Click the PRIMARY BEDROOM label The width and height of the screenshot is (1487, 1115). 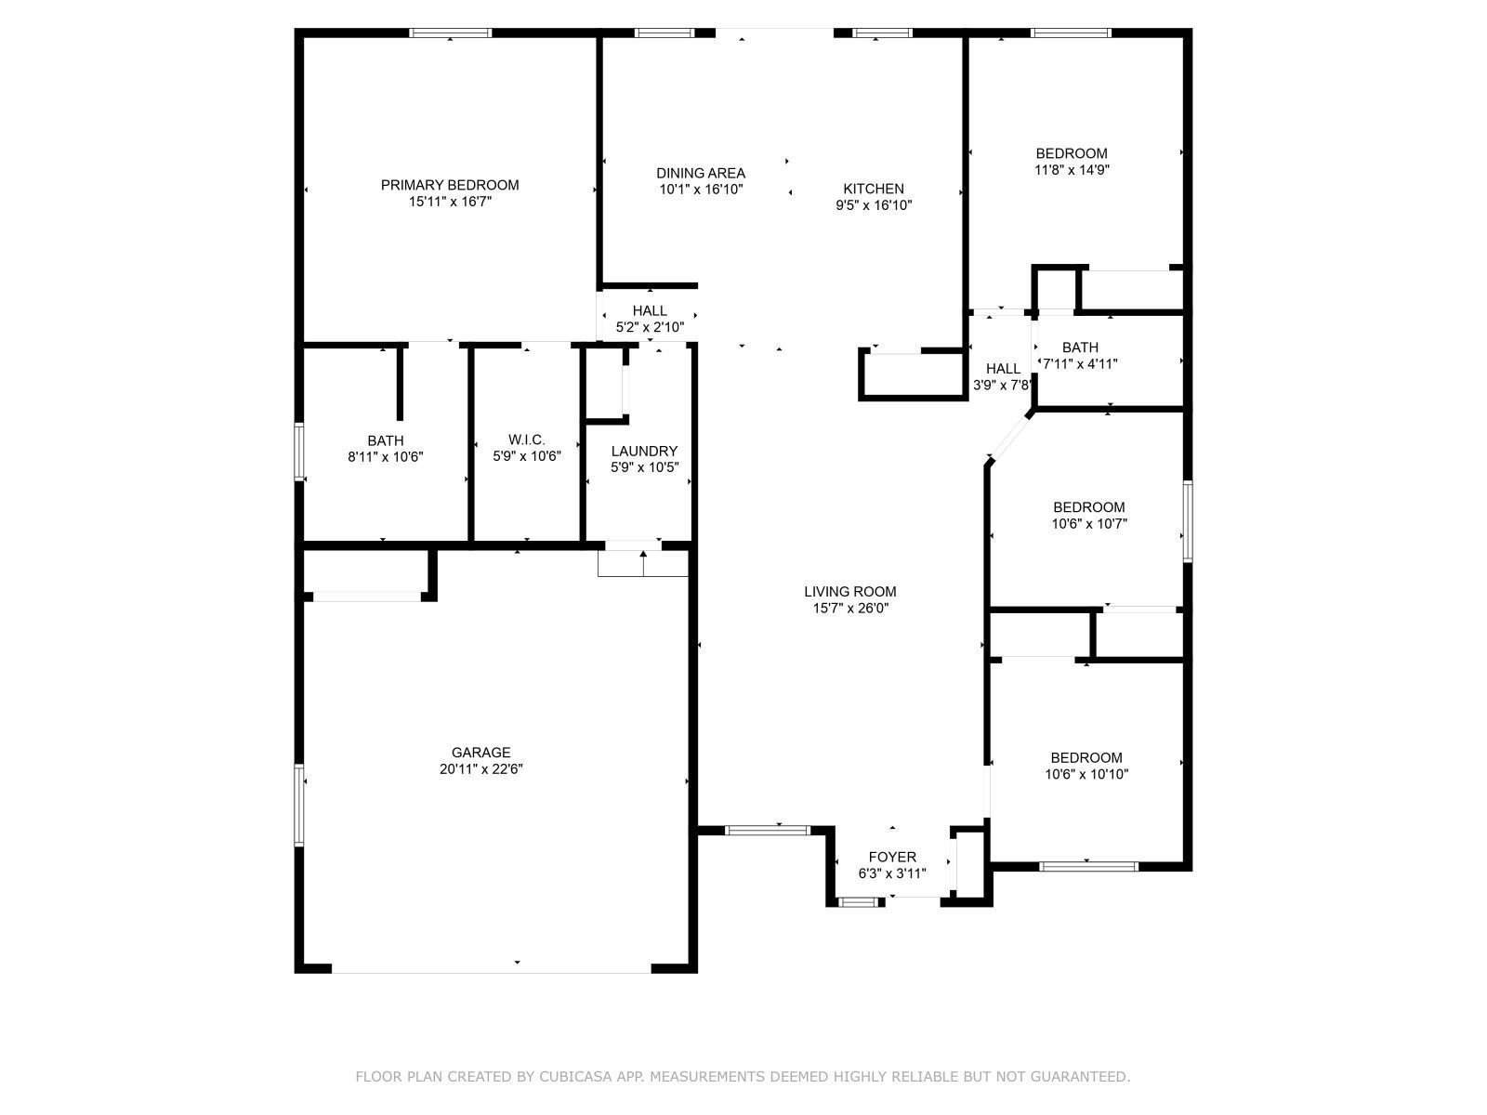(450, 185)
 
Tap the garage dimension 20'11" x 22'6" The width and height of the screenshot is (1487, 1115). (481, 769)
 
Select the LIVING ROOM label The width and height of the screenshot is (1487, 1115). (849, 591)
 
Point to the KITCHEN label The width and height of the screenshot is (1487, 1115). (874, 189)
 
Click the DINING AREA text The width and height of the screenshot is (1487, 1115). (701, 173)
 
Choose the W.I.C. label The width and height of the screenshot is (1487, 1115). (527, 439)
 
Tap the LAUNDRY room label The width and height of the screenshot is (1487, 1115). (644, 452)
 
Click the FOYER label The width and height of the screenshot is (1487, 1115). (892, 857)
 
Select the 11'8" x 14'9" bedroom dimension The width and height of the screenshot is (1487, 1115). (1072, 170)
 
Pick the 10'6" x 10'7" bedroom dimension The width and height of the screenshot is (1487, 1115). (1088, 524)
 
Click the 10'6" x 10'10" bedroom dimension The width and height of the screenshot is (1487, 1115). (1086, 774)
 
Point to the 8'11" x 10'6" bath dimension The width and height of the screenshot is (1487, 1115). (385, 456)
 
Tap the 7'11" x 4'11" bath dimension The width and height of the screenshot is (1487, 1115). (1080, 364)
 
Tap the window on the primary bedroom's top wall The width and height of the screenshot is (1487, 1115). (451, 33)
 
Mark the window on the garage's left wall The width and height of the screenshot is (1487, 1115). (298, 804)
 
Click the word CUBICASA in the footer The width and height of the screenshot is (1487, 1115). (591, 1077)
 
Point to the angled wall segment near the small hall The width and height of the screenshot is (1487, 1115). (1011, 437)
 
